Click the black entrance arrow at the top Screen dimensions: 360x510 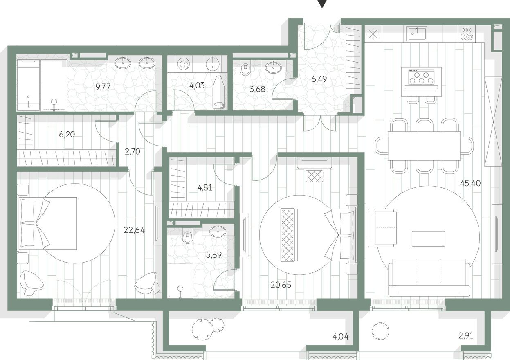pos(323,4)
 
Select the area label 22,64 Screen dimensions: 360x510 pos(134,230)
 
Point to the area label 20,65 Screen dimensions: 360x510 pos(281,285)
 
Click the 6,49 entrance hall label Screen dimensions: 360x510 pos(320,79)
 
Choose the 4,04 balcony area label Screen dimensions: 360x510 pos(341,337)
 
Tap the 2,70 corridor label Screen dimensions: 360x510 pos(132,152)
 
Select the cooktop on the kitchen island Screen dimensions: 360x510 pos(421,76)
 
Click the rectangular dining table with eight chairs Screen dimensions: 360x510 pos(424,146)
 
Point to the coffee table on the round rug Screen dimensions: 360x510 pos(428,239)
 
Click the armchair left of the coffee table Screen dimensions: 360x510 pos(382,228)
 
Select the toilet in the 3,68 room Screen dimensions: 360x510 pos(245,68)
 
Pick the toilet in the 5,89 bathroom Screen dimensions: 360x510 pos(188,236)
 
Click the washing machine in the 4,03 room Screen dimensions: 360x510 pos(183,64)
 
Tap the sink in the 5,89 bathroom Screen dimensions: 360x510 pos(218,231)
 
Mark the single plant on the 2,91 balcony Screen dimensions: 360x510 pos(380,330)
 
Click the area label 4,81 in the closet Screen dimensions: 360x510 pos(205,188)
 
